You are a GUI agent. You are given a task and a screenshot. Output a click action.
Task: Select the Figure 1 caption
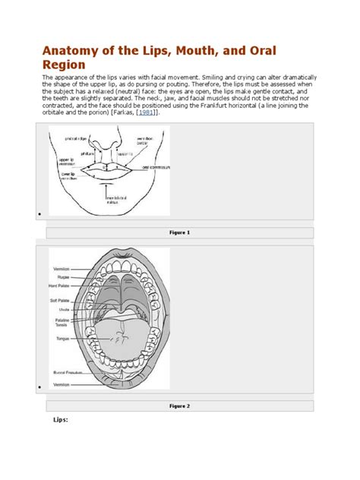[x=179, y=232]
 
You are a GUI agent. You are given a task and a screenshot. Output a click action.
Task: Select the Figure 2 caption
[x=179, y=406]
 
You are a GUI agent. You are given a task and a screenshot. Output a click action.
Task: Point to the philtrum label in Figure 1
[x=96, y=154]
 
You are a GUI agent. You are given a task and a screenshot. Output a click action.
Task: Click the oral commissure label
[x=154, y=166]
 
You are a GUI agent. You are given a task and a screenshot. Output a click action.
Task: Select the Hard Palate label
[x=61, y=286]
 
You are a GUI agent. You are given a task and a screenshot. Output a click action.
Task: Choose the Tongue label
[x=63, y=339]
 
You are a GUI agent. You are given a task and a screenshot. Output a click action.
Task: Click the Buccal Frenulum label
[x=65, y=373]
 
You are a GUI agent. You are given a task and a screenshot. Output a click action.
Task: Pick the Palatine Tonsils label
[x=62, y=323]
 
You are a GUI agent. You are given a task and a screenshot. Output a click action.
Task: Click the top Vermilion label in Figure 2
[x=63, y=268]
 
